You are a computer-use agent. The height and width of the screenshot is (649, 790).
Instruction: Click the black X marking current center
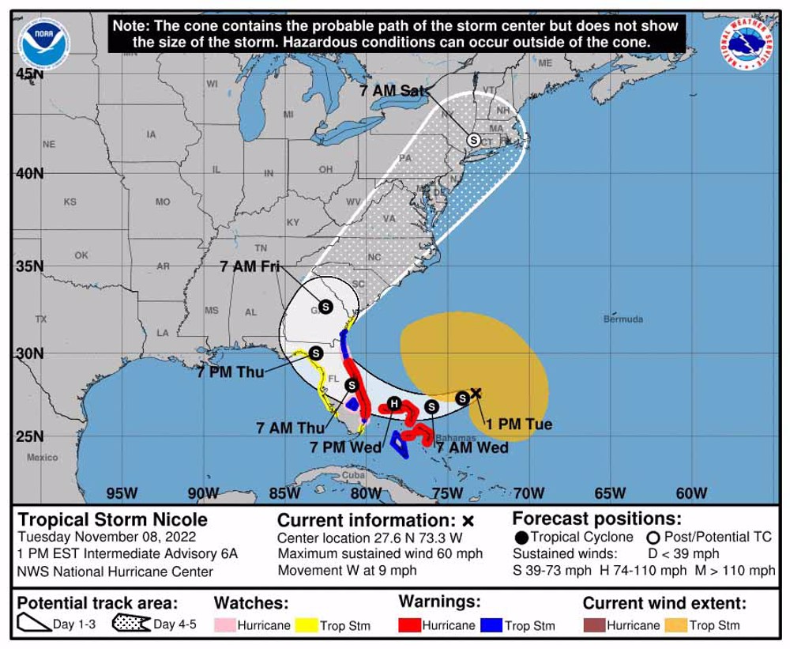tap(476, 393)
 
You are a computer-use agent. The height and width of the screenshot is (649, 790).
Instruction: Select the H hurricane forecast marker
tap(393, 405)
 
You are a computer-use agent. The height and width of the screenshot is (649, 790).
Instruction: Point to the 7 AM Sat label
tap(392, 91)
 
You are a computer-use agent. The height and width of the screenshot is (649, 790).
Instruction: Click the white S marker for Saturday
tap(473, 139)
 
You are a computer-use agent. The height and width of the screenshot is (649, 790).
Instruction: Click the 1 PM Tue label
tap(518, 424)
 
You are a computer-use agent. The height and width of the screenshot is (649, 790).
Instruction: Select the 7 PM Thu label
tap(231, 372)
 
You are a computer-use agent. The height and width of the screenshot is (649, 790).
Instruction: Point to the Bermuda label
tap(623, 319)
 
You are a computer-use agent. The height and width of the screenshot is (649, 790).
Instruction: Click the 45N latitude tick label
tap(29, 74)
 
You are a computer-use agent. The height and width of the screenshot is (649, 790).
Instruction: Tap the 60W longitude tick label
tap(691, 494)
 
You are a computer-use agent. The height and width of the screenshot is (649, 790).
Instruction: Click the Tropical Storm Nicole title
tap(112, 519)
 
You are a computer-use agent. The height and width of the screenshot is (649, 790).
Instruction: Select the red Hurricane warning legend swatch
tap(409, 625)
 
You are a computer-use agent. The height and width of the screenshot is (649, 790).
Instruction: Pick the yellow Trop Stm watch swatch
tap(306, 625)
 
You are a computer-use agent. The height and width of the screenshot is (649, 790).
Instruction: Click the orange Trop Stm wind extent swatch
tap(675, 625)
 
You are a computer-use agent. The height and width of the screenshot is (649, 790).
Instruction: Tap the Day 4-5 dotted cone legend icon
tap(131, 624)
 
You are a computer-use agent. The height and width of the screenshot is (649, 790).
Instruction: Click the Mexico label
tap(42, 458)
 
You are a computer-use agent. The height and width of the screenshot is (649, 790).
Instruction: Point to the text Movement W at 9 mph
tap(347, 570)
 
